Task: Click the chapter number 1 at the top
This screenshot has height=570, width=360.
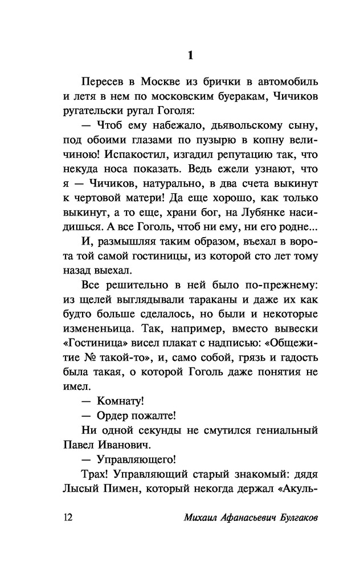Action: tap(191, 55)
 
